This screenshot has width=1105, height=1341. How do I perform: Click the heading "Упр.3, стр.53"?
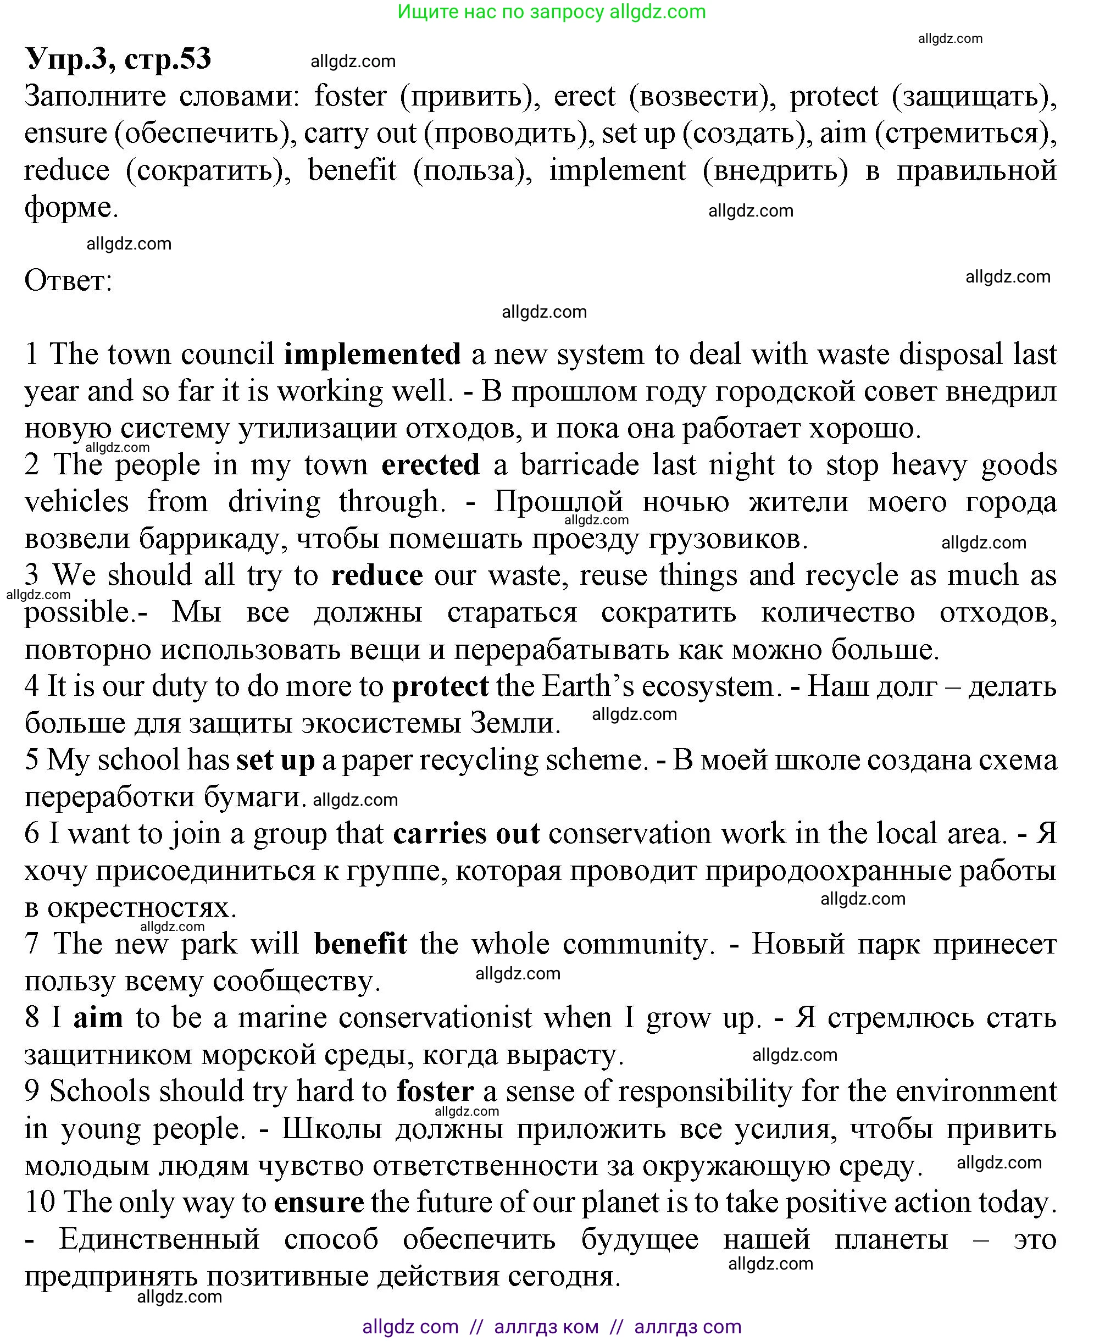coord(118,59)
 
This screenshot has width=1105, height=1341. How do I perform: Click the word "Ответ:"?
coord(68,280)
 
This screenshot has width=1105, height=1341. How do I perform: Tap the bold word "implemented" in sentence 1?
coord(373,354)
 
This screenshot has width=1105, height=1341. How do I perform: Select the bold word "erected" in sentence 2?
coord(430,464)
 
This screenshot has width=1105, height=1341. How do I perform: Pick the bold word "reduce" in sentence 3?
coord(377,575)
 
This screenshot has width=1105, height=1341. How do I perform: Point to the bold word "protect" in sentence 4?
coord(440,686)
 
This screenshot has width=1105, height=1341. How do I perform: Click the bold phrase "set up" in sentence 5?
coord(275,760)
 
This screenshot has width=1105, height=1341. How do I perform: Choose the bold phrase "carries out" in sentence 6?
coord(467,834)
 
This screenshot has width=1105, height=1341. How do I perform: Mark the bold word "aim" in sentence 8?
coord(98,1017)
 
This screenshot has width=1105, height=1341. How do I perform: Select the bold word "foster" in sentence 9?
coord(435,1091)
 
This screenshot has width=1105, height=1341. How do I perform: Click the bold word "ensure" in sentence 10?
coord(319,1202)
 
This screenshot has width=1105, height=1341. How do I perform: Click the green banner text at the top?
coord(552,12)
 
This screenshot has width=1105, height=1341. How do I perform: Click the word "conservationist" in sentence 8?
coord(435,1017)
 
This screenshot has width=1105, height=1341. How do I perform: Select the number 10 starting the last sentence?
coord(40,1202)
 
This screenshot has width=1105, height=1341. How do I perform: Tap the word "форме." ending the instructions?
coord(71,207)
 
